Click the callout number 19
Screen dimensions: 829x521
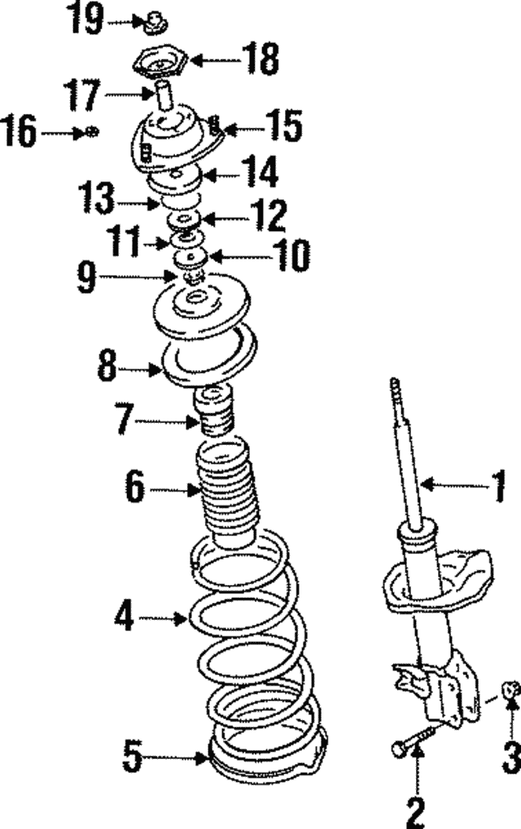[85, 20]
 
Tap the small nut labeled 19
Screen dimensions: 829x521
[151, 23]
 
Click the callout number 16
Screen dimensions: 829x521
[20, 132]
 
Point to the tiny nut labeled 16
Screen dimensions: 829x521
[93, 131]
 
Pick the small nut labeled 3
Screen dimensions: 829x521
[510, 689]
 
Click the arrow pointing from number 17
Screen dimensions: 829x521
[126, 94]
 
